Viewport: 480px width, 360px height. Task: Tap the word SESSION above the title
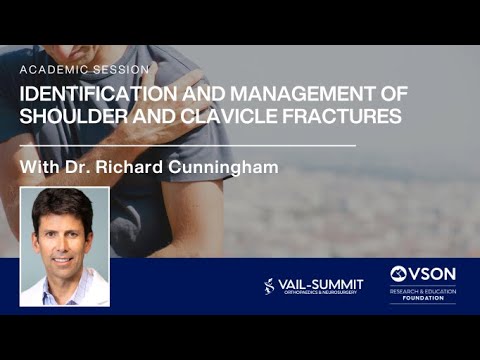[120, 70]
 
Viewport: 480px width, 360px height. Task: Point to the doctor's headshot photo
[65, 246]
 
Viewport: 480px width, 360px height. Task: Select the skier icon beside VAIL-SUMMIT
[269, 287]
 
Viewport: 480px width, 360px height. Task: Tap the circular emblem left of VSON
[398, 274]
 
